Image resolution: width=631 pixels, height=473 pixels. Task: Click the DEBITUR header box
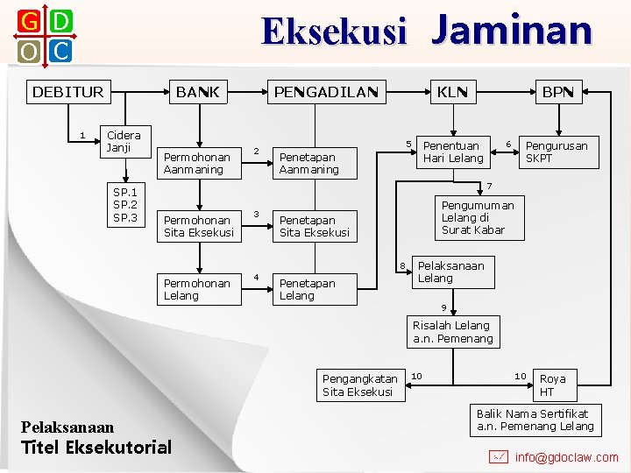point(67,92)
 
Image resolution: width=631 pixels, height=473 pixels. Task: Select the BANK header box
point(197,92)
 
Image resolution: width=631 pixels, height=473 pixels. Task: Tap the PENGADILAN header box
point(326,92)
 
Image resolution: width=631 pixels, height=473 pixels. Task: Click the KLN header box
point(452,92)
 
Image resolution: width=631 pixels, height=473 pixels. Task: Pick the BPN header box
point(557,92)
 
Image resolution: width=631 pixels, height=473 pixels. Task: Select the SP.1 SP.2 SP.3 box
point(124,205)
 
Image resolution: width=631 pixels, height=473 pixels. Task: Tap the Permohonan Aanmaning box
point(202,163)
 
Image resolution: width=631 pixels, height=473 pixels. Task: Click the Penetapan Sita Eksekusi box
point(315,226)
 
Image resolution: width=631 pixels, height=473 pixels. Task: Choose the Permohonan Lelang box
point(202,289)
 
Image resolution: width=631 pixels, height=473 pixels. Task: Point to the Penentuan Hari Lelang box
point(453,152)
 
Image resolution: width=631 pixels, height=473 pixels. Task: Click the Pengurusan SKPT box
point(556,152)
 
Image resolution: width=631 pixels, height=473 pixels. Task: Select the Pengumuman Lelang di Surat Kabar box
point(478,217)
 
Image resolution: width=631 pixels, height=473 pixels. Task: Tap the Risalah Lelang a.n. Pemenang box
point(453,332)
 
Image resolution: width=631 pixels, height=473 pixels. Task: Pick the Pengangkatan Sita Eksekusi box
point(360,385)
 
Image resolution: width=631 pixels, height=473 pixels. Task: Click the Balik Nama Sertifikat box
point(535,420)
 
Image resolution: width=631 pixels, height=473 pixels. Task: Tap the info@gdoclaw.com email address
point(566,456)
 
